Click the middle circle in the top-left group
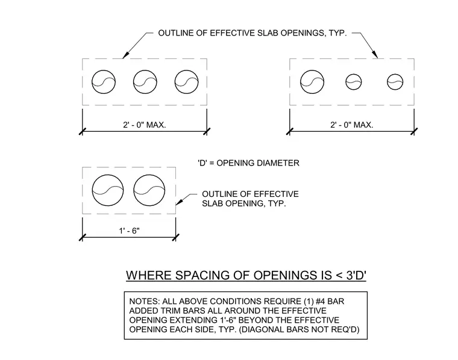145,70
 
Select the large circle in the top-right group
312,70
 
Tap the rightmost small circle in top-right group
395,74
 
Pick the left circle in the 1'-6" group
108,175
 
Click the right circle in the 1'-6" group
149,175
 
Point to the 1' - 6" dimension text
129,231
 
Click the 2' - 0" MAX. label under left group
145,125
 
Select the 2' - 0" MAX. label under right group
352,125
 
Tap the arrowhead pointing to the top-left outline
125,55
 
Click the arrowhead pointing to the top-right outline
375,55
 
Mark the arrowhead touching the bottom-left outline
179,202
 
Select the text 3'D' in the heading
356,275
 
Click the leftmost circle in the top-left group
104,70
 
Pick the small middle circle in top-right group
354,74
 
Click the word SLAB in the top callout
268,33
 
